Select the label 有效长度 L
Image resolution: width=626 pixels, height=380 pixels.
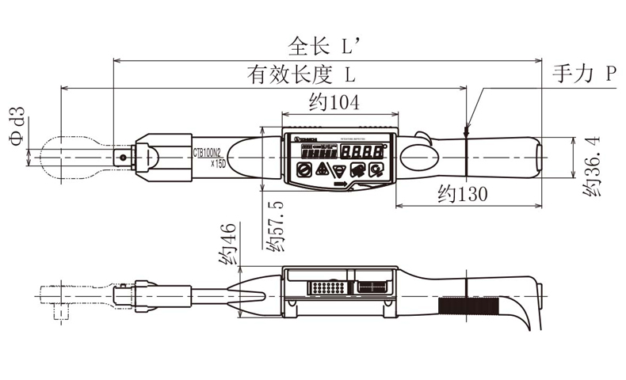[x=300, y=75]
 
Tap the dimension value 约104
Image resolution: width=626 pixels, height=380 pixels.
[x=334, y=103]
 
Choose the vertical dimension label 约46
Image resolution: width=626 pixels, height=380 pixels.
[x=227, y=245]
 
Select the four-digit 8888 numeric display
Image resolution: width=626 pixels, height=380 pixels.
[x=368, y=151]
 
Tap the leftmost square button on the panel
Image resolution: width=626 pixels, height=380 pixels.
[x=303, y=169]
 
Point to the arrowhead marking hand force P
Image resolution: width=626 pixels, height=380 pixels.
[x=467, y=127]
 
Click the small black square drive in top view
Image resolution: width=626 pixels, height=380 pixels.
[x=124, y=157]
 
